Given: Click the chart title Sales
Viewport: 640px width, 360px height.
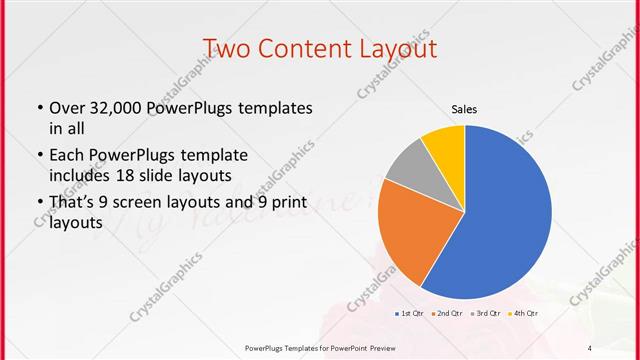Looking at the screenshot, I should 464,109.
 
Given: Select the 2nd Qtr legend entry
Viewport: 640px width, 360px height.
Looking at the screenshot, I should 446,314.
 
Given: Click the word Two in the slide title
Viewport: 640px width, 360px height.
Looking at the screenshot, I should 228,49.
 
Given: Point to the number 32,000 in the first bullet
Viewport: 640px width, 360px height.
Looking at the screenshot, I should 116,107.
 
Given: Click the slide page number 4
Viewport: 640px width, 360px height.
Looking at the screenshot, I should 590,347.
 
